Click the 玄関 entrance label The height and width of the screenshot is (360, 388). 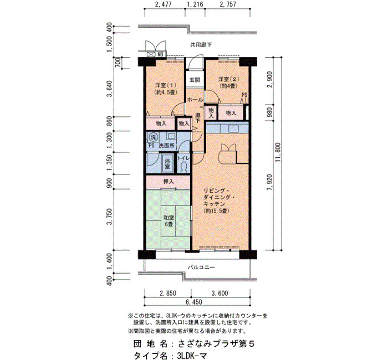coord(195,80)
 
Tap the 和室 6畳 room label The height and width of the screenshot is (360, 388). coord(169,221)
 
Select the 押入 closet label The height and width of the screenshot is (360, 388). coord(169,182)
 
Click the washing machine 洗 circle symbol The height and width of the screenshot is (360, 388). coord(154,137)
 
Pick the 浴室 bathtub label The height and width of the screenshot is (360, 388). coord(167,163)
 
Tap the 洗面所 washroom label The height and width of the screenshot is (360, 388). coord(166,146)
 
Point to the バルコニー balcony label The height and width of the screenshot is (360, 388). coord(201,268)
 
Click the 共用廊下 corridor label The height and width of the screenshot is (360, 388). coord(201,45)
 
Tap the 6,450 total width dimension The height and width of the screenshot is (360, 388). coord(194,302)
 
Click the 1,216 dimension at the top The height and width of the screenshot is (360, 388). coord(195,4)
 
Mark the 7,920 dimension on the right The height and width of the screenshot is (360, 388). coord(270,182)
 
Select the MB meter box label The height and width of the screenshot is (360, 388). coord(160,54)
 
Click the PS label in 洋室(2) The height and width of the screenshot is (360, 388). coord(244,95)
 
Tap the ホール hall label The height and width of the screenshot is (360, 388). coord(195,100)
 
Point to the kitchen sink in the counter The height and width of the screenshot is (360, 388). coord(233,128)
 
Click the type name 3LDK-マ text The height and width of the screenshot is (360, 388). coord(192,356)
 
